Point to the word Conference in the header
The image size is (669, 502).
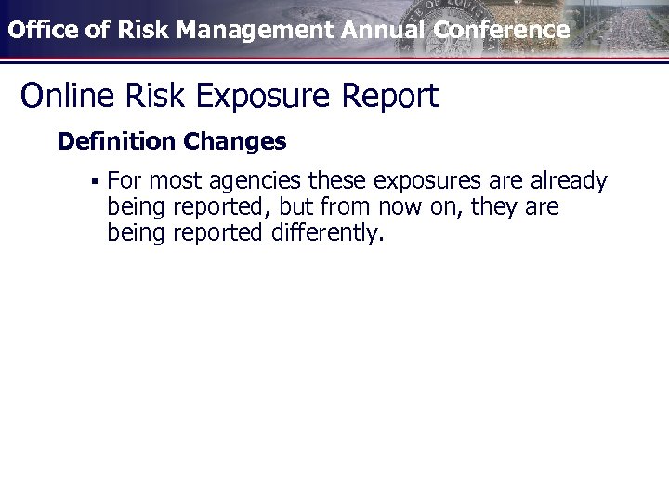(501, 30)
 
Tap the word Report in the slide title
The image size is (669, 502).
(389, 96)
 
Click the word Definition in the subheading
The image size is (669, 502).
(116, 141)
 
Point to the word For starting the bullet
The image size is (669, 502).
(125, 180)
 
